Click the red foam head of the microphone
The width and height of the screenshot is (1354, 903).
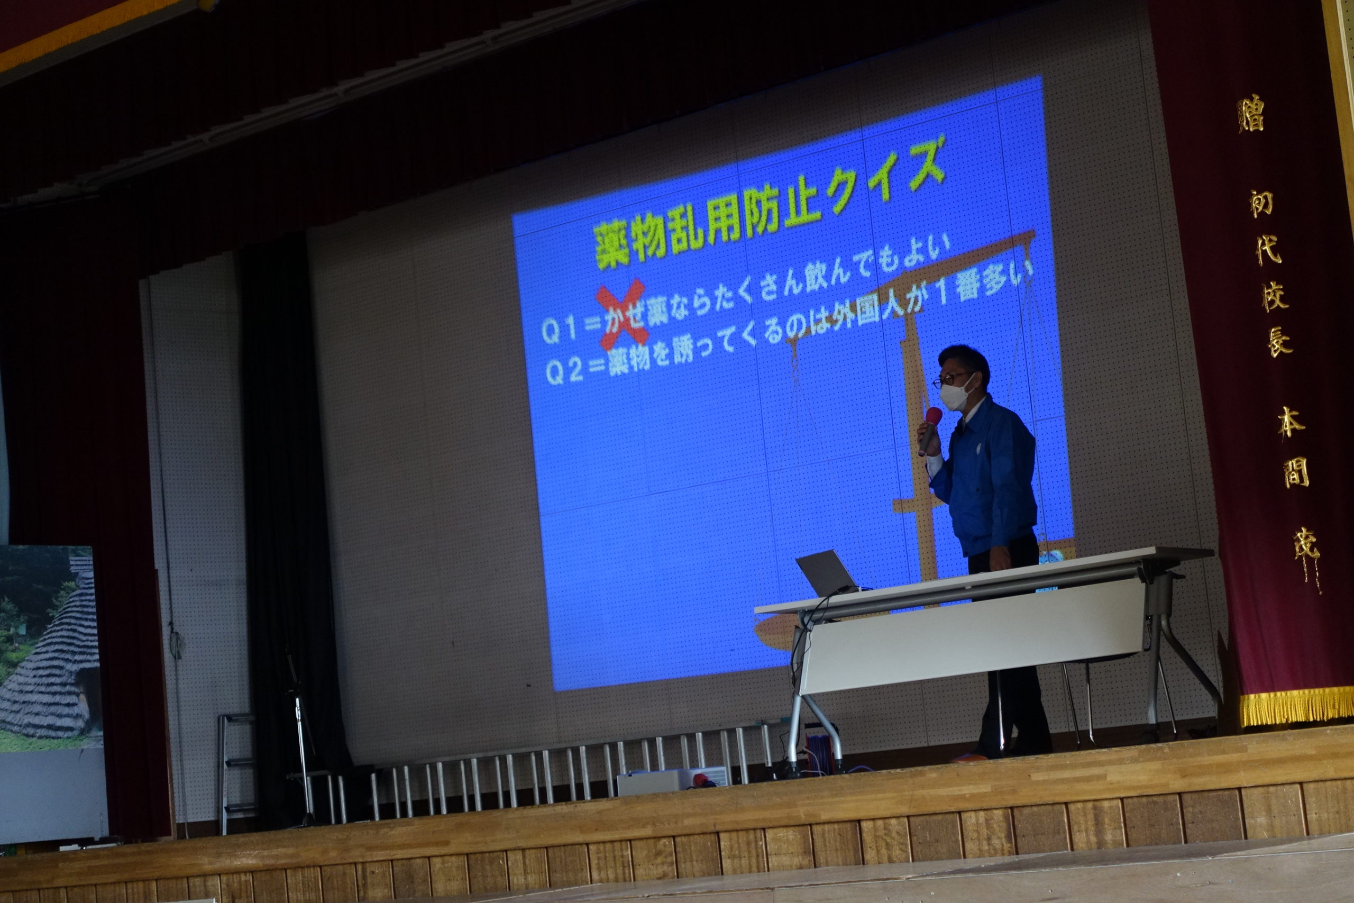point(933,417)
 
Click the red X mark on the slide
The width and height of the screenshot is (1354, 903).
point(622,313)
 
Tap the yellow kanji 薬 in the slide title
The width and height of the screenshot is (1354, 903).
point(612,246)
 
